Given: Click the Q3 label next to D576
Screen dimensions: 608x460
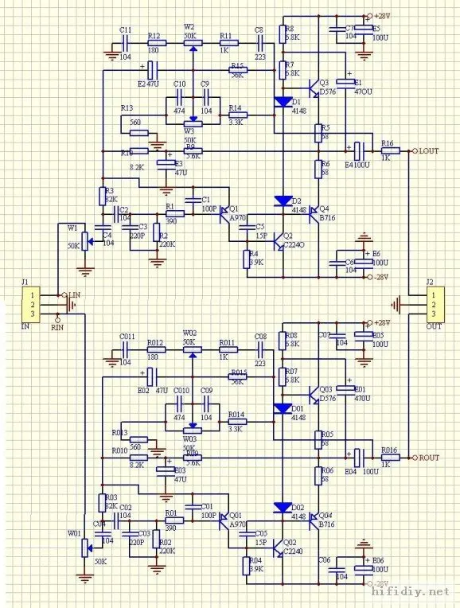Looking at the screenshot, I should pos(323,83).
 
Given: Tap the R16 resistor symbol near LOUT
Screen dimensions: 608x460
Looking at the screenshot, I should pos(388,150).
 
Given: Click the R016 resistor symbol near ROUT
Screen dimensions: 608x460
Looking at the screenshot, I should pos(388,457).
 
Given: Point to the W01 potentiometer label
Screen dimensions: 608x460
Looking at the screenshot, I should pos(74,533).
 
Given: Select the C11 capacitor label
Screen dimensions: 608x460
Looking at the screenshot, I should pos(126,29).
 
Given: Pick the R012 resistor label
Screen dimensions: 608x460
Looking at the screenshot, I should pos(155,343).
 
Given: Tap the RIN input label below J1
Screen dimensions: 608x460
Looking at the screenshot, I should pos(57,326).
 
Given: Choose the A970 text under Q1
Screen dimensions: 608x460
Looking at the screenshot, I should pos(238,217).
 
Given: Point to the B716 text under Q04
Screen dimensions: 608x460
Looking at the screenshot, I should pos(326,524).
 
